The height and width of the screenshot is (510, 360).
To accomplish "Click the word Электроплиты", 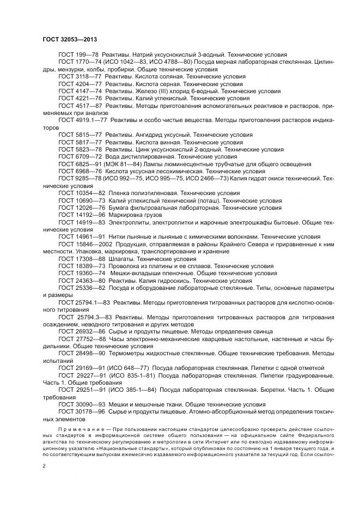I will coord(130,222).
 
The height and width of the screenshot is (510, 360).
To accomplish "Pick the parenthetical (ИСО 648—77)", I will coord(131,368).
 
